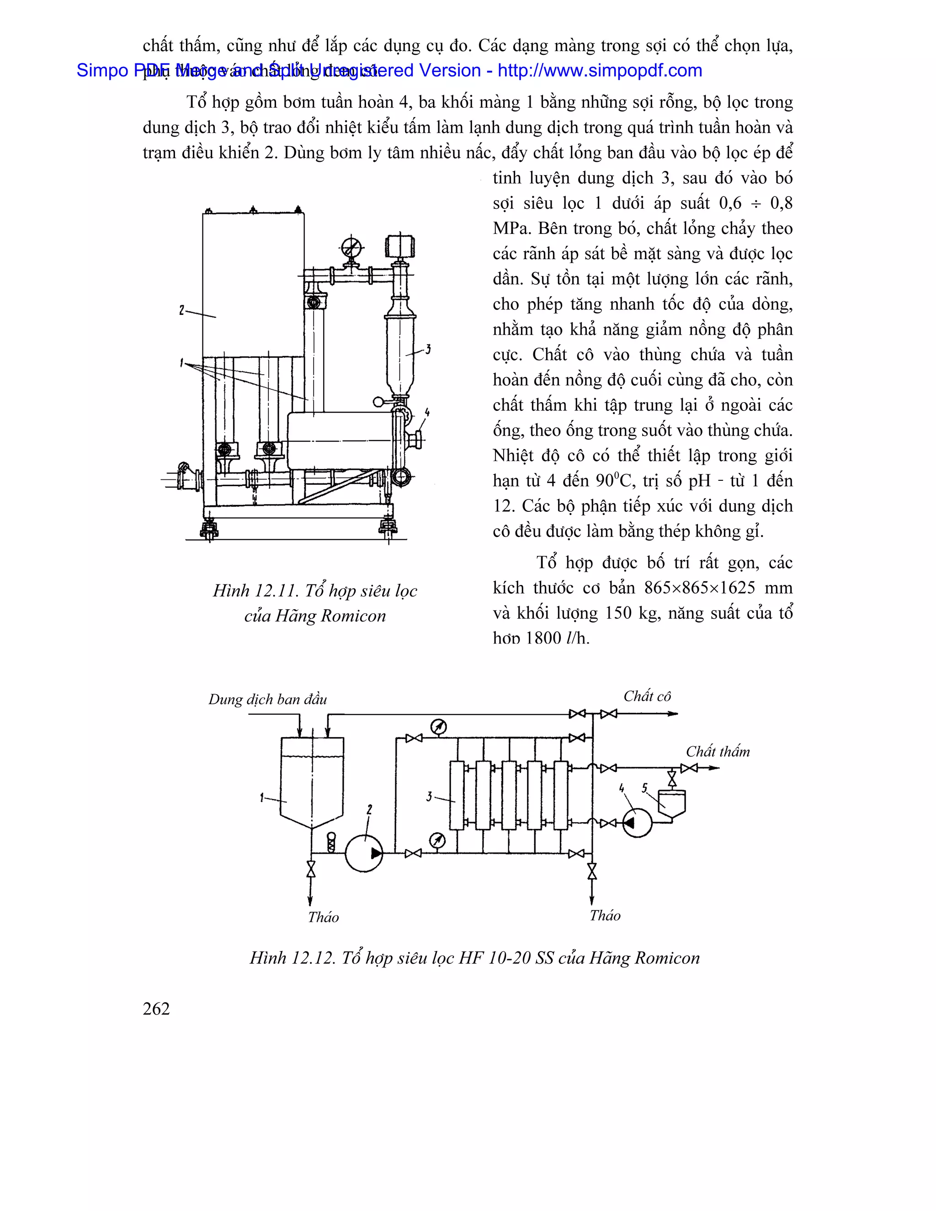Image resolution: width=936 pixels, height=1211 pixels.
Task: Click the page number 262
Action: (x=156, y=1009)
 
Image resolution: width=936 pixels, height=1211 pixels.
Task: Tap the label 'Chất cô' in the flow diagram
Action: (x=647, y=696)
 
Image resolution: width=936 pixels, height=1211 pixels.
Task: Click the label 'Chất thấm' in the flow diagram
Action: (x=718, y=752)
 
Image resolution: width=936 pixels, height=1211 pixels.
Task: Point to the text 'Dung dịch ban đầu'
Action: (x=267, y=700)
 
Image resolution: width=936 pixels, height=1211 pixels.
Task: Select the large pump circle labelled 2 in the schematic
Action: (x=364, y=853)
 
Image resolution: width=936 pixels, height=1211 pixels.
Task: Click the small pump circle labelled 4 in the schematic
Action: (x=637, y=823)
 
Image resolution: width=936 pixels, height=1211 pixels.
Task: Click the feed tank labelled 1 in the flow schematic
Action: (x=312, y=782)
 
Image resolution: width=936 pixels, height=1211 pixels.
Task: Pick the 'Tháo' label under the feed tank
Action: (x=323, y=918)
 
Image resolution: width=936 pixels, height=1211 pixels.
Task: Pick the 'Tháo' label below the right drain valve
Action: (x=605, y=916)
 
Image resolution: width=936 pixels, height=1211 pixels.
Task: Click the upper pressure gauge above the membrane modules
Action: (x=439, y=727)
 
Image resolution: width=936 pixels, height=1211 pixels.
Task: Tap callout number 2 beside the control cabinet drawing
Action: (x=181, y=310)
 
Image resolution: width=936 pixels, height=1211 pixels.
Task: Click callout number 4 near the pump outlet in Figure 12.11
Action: (x=426, y=412)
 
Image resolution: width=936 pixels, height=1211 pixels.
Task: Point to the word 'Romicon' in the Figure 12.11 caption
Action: (x=353, y=616)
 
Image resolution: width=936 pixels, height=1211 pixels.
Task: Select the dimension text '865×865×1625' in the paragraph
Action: (x=699, y=588)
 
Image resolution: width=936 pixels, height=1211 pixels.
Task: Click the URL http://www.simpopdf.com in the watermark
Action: (x=600, y=70)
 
